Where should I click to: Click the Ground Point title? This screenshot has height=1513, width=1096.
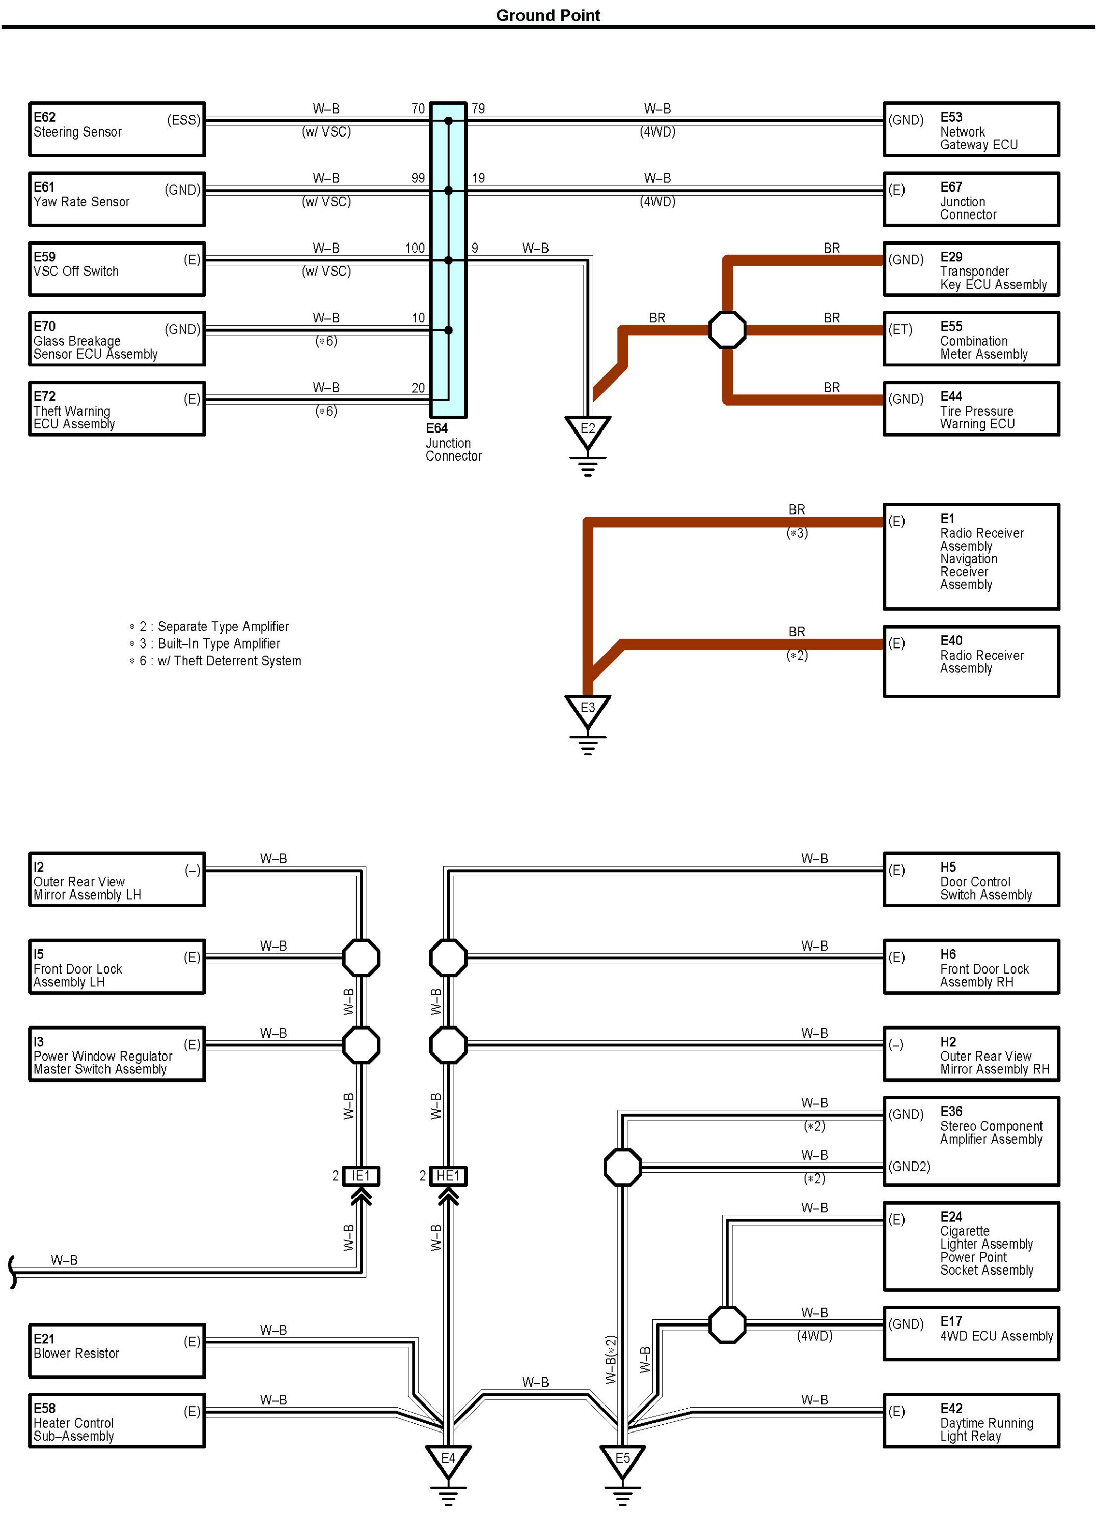(x=547, y=15)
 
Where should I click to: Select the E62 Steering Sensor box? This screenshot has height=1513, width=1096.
(x=117, y=129)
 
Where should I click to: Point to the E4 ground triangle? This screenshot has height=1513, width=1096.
(x=448, y=1461)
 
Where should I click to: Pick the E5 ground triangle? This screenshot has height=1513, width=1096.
(x=622, y=1461)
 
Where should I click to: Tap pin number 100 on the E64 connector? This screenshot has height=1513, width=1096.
(x=415, y=248)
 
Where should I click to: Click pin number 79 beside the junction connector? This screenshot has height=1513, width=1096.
(x=478, y=109)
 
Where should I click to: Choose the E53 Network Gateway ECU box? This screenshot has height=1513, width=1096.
(x=971, y=129)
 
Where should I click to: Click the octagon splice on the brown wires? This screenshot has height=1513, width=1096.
(x=727, y=330)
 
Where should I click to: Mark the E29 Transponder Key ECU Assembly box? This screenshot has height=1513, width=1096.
(x=971, y=269)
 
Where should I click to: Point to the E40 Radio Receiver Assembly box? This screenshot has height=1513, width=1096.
(x=971, y=661)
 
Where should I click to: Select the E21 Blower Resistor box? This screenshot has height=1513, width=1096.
(x=117, y=1351)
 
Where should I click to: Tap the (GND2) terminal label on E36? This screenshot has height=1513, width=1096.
(x=909, y=1167)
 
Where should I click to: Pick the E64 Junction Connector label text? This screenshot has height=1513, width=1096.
(x=454, y=442)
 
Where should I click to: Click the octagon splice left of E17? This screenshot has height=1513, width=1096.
(x=727, y=1324)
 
